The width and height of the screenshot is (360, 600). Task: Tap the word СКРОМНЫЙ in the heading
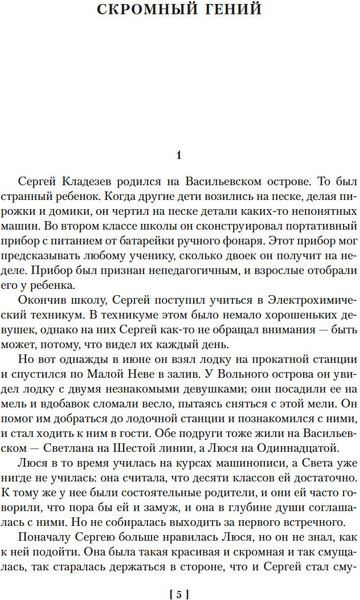click(x=147, y=13)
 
